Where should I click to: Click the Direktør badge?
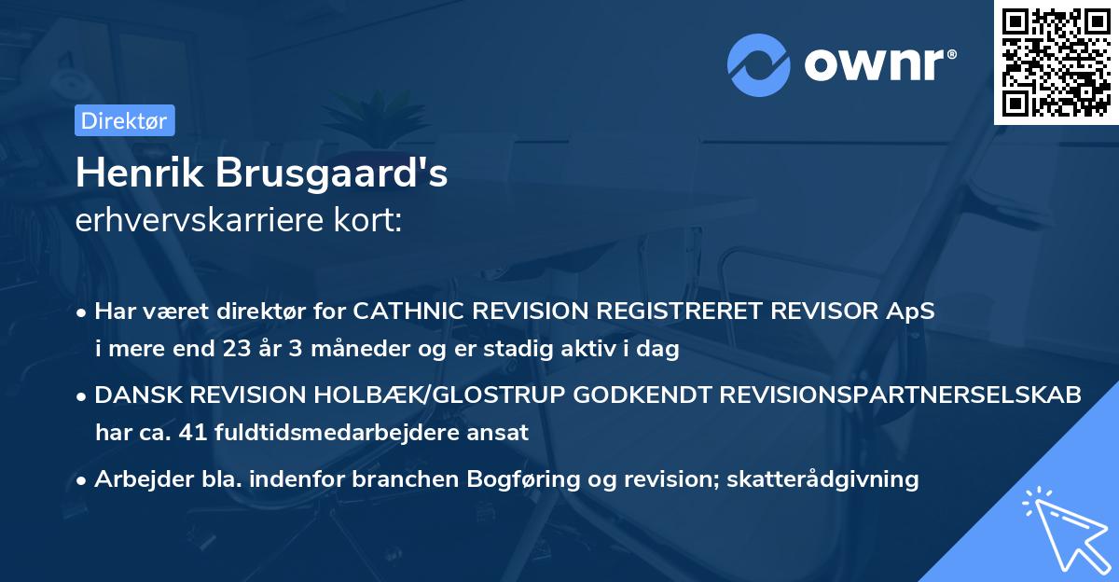[124, 120]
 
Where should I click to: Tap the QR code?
[1056, 62]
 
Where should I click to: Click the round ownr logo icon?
[758, 64]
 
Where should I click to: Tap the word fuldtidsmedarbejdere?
[332, 432]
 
